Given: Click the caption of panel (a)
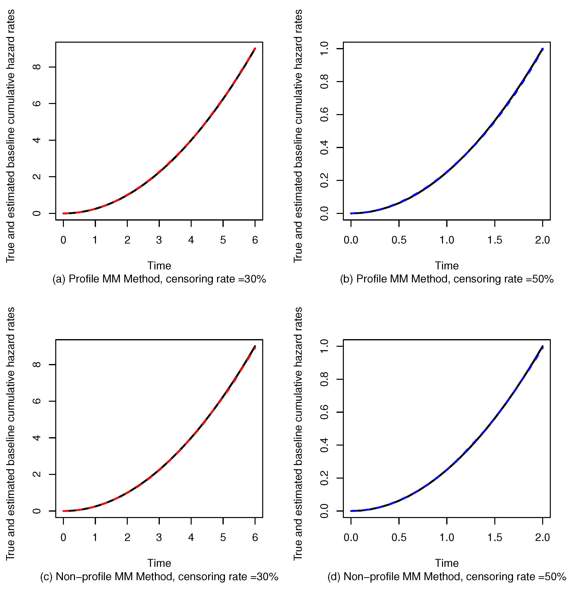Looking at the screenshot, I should click(x=159, y=279).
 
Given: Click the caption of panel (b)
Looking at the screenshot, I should click(x=447, y=279).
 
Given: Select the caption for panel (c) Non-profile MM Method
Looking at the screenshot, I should click(x=159, y=576).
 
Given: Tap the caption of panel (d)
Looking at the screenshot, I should click(x=447, y=576).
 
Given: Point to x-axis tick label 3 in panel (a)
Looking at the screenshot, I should click(x=159, y=240).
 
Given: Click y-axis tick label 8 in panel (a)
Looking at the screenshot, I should click(x=37, y=67).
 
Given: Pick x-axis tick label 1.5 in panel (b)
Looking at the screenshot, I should click(x=495, y=240).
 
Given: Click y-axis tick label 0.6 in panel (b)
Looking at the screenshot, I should click(x=324, y=115).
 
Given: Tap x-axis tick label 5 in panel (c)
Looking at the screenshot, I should click(x=223, y=537).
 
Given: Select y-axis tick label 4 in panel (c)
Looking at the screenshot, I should click(x=37, y=437).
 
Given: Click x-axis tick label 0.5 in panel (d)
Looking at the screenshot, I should click(x=399, y=537).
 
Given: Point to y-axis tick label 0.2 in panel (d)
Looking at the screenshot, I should click(x=324, y=478).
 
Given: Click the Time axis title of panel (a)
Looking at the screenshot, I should click(x=159, y=266).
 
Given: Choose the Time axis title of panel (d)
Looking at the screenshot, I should click(x=447, y=563).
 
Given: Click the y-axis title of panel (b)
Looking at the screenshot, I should click(x=298, y=136).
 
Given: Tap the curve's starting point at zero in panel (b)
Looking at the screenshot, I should click(x=351, y=213).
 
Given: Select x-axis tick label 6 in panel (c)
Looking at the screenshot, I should click(x=255, y=537).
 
